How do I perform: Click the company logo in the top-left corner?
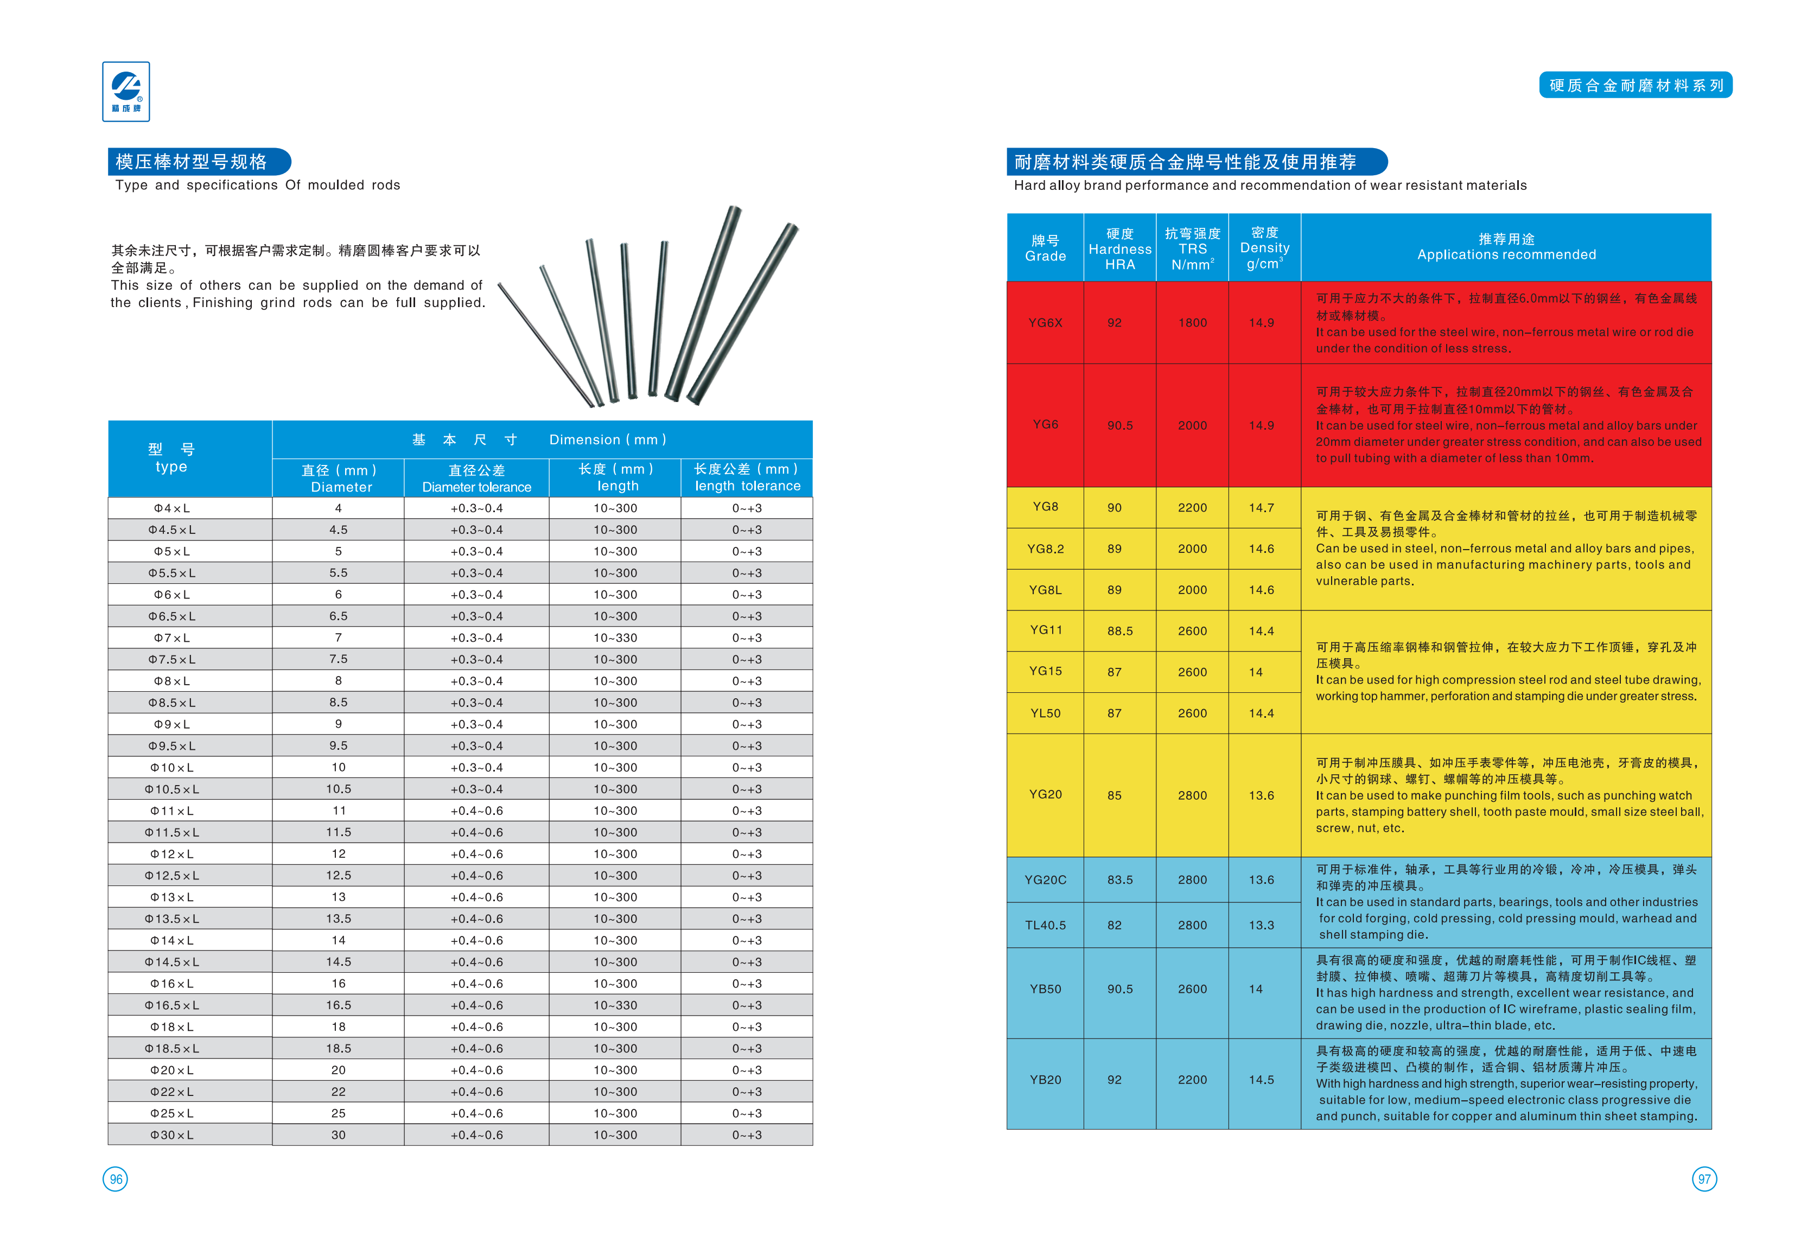pyautogui.click(x=125, y=92)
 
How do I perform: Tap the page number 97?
pyautogui.click(x=1703, y=1179)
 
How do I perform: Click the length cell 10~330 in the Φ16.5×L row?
pyautogui.click(x=615, y=1005)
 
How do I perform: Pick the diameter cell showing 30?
pyautogui.click(x=338, y=1135)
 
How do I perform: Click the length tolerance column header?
pyautogui.click(x=747, y=478)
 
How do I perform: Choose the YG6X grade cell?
pyautogui.click(x=1046, y=323)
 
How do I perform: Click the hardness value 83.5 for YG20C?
pyautogui.click(x=1120, y=879)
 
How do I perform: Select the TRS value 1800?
pyautogui.click(x=1192, y=323)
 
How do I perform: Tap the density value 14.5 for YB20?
pyautogui.click(x=1261, y=1079)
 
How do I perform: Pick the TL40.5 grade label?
pyautogui.click(x=1046, y=925)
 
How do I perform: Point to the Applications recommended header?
pyautogui.click(x=1506, y=247)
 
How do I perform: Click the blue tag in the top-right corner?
pyautogui.click(x=1635, y=85)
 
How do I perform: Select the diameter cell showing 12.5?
pyautogui.click(x=338, y=876)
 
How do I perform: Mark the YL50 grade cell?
pyautogui.click(x=1046, y=713)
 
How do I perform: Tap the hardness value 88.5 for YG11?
pyautogui.click(x=1120, y=630)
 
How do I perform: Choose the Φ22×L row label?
pyautogui.click(x=171, y=1092)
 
